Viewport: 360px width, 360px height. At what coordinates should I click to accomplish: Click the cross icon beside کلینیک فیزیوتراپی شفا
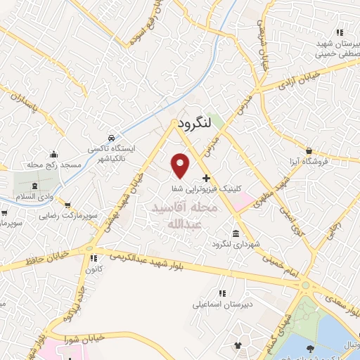point(205,179)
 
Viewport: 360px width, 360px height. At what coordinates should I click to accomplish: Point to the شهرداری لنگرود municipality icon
point(235,233)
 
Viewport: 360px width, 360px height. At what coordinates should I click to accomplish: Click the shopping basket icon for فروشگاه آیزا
point(309,150)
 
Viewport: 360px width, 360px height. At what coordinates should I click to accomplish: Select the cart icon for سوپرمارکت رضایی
point(67,205)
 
